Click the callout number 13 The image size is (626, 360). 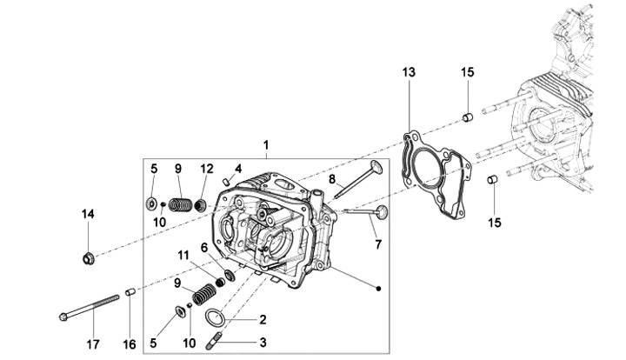click(x=409, y=73)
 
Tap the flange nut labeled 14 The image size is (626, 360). click(x=88, y=258)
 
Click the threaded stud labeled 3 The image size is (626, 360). click(x=214, y=342)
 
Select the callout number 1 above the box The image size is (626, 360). click(x=266, y=145)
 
